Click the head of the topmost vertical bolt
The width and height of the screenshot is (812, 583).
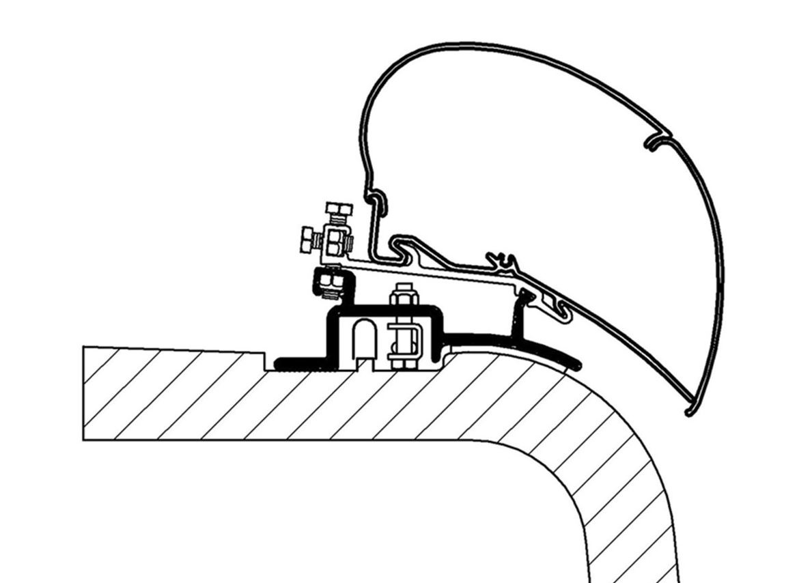pyautogui.click(x=339, y=208)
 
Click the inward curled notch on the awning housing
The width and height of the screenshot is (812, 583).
pyautogui.click(x=658, y=141)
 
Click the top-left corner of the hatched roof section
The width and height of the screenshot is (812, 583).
pyautogui.click(x=84, y=347)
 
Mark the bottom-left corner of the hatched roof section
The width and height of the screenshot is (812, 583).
pyautogui.click(x=84, y=439)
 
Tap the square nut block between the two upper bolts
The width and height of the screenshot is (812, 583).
pyautogui.click(x=337, y=240)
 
